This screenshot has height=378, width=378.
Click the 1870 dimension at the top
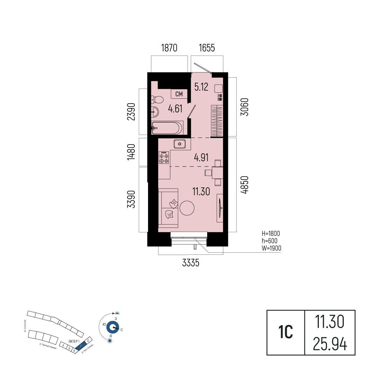click(x=169, y=48)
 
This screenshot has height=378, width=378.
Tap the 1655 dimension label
click(x=206, y=48)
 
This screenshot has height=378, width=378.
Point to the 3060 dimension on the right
click(x=245, y=107)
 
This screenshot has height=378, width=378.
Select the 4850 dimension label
click(x=245, y=185)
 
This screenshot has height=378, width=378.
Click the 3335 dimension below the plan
click(x=191, y=263)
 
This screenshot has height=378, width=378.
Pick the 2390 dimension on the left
click(x=131, y=112)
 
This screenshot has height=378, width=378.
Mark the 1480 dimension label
click(x=131, y=153)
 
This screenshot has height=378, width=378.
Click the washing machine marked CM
click(x=179, y=94)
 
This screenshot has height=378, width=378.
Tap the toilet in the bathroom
click(x=157, y=100)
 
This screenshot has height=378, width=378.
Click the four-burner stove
click(x=164, y=157)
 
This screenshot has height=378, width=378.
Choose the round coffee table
click(x=187, y=208)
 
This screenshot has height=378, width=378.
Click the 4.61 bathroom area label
click(x=175, y=109)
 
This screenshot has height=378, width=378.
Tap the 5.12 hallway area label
click(x=202, y=87)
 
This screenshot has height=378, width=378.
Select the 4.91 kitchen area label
click(x=201, y=157)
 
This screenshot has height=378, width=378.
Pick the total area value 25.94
click(x=330, y=344)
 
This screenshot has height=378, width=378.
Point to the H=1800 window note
click(x=271, y=233)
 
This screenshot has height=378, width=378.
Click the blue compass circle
click(x=113, y=328)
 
